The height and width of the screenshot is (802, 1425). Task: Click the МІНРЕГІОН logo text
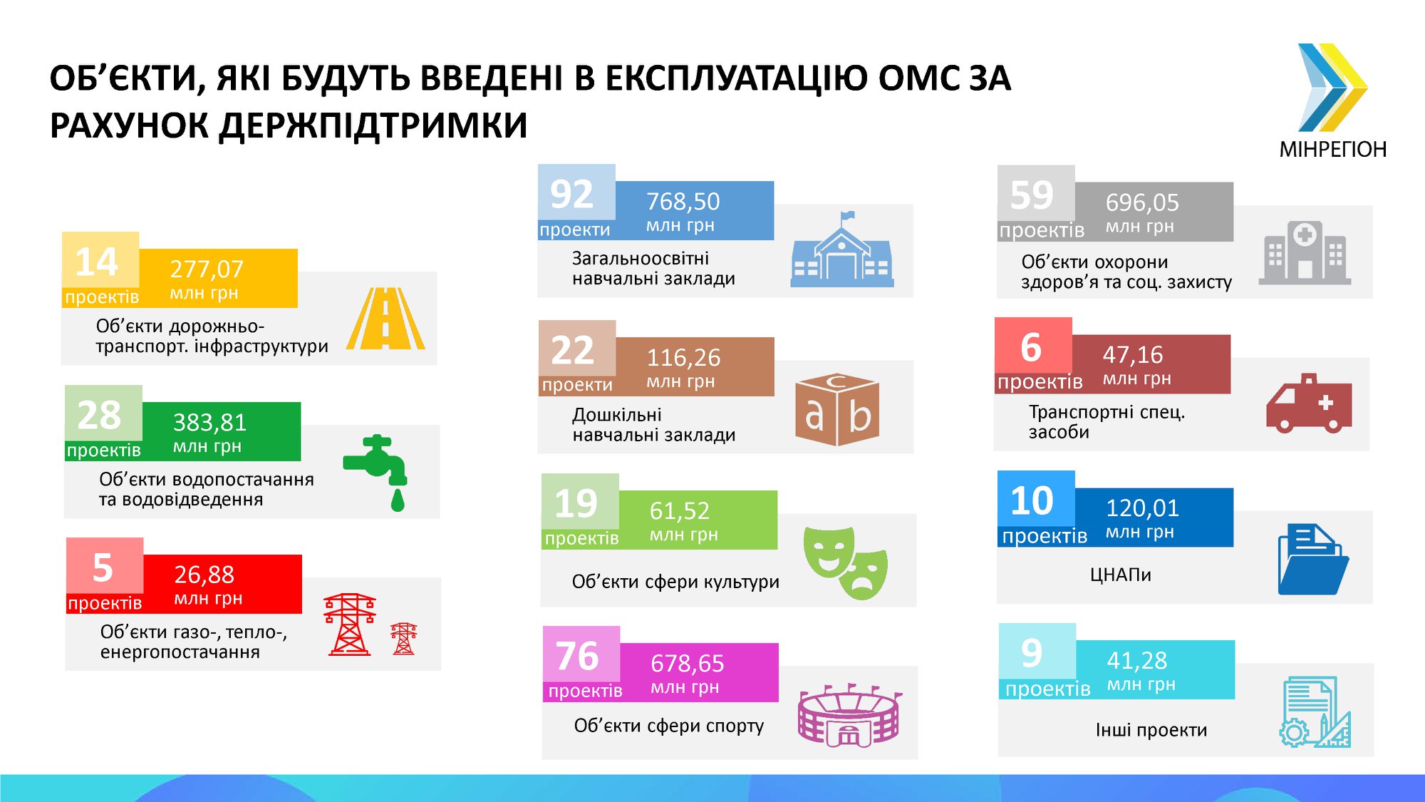(1333, 150)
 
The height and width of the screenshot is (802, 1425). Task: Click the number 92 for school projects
(571, 194)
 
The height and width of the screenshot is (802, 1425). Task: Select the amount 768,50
(683, 202)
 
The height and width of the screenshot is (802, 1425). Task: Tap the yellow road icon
(385, 319)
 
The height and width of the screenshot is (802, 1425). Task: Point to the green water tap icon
(375, 472)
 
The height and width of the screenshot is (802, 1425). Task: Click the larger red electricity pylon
(349, 624)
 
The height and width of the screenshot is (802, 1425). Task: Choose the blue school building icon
(842, 250)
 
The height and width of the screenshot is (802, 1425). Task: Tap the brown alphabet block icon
(837, 411)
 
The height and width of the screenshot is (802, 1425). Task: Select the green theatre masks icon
(846, 562)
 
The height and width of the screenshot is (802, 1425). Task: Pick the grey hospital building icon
(1305, 252)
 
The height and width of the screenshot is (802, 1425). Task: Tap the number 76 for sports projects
(576, 656)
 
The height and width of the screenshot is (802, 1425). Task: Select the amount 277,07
(207, 269)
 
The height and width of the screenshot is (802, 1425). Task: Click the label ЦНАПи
(1120, 575)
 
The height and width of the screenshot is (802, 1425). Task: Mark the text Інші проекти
(1151, 730)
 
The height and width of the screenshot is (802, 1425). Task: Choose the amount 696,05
(1142, 203)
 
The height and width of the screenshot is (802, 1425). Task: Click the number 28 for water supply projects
(98, 415)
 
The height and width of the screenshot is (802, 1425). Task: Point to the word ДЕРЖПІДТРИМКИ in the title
(373, 125)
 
